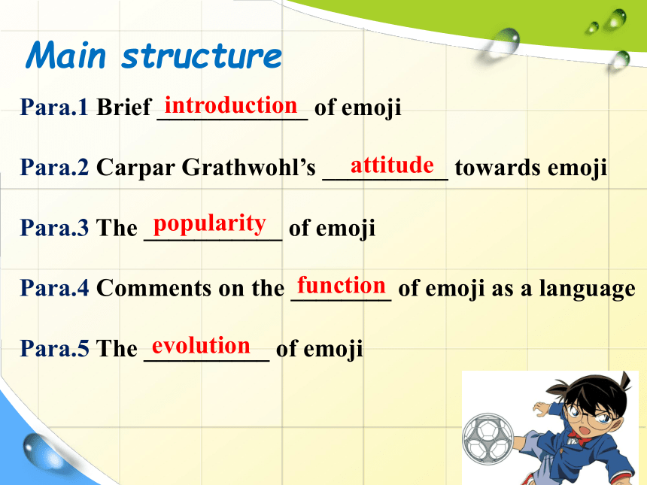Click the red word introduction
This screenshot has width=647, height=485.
tap(231, 105)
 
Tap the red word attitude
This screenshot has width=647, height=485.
tap(392, 165)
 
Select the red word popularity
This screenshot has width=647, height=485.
tap(210, 224)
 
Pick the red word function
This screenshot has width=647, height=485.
tap(342, 285)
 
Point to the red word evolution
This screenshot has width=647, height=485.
tap(201, 345)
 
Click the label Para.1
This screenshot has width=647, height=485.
tap(54, 107)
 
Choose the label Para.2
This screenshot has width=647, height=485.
tap(54, 167)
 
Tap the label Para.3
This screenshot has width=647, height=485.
tap(54, 227)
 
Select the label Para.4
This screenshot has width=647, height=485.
tap(54, 287)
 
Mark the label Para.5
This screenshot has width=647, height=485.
tap(54, 347)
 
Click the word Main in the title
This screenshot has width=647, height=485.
tap(66, 55)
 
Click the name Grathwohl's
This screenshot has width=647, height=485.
tap(248, 167)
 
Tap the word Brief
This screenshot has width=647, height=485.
tap(124, 107)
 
